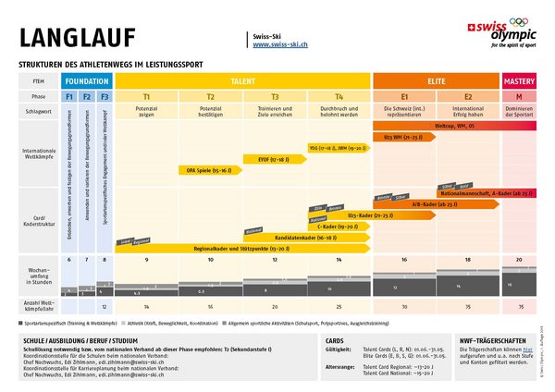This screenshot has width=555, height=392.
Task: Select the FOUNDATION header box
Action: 87,81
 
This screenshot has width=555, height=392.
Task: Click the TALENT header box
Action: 242,81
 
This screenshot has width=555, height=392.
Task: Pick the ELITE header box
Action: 436,81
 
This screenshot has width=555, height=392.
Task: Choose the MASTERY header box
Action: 519,81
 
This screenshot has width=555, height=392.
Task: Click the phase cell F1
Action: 69,96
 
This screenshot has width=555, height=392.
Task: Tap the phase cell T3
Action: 275,96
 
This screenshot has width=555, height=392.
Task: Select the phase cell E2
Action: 468,96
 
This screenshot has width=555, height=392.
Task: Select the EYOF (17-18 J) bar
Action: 259,159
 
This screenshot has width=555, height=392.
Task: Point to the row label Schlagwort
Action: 32,111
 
